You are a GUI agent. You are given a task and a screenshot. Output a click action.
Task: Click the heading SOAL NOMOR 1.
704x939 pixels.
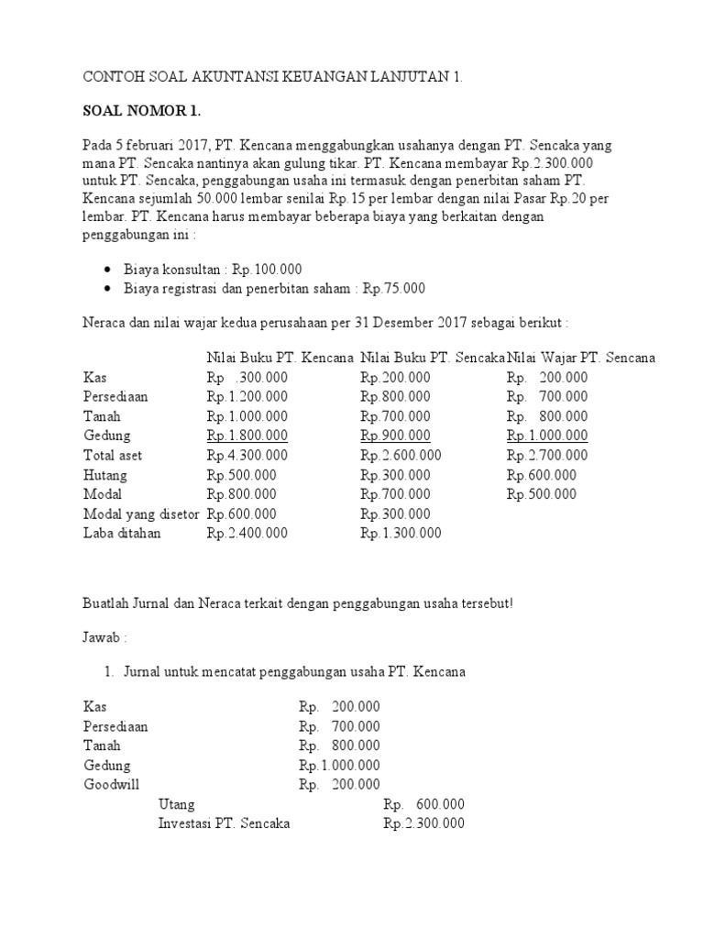pos(141,112)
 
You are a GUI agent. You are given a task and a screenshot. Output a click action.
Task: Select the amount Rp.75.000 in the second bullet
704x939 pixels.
pos(394,289)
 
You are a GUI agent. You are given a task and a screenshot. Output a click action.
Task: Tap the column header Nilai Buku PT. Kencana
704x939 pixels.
pos(280,358)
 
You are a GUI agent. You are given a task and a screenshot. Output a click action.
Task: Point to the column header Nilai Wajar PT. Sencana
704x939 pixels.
pos(581,358)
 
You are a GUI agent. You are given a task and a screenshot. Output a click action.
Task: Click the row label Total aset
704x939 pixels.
pos(113,456)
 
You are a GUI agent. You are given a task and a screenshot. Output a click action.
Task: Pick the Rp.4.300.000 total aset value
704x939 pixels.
pos(247,456)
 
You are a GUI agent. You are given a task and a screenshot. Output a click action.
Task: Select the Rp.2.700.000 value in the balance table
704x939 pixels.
pos(547,456)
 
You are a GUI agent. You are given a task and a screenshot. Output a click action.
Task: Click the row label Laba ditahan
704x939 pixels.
pos(122,534)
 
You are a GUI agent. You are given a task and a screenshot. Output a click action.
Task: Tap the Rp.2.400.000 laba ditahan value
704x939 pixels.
pos(247,534)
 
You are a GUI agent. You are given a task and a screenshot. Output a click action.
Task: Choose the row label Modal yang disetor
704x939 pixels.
pos(141,514)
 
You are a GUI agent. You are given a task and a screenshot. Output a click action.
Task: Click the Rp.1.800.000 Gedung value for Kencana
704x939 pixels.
pos(247,436)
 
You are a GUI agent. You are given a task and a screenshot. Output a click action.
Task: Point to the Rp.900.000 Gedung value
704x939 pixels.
pos(395,436)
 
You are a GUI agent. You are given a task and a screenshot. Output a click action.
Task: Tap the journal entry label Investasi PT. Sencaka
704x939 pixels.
pos(224,823)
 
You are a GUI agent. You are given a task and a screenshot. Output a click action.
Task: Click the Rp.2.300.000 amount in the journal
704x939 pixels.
pos(423,823)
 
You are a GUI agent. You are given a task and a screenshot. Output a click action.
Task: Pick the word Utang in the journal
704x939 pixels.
pos(176,804)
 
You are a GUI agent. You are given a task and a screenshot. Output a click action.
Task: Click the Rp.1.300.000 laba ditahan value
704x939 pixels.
pos(401,534)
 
